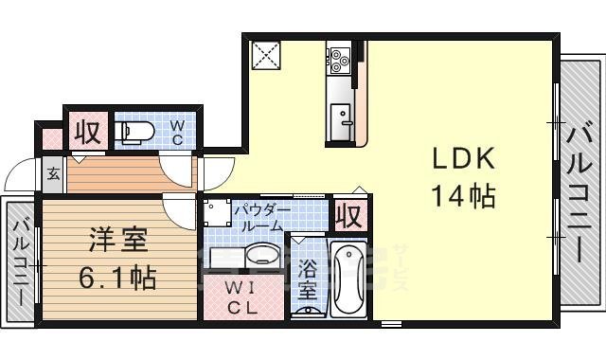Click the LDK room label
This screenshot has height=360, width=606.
click(464, 158)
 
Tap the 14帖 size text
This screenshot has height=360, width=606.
click(464, 196)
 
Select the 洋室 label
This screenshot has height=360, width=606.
click(118, 240)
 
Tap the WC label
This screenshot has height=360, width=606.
click(177, 131)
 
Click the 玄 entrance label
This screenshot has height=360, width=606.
click(53, 173)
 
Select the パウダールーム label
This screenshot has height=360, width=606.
click(258, 217)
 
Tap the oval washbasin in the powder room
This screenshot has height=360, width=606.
click(261, 255)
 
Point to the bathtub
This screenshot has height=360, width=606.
click(348, 279)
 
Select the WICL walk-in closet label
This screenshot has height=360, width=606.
click(241, 297)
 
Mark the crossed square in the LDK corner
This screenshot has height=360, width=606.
click(264, 54)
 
